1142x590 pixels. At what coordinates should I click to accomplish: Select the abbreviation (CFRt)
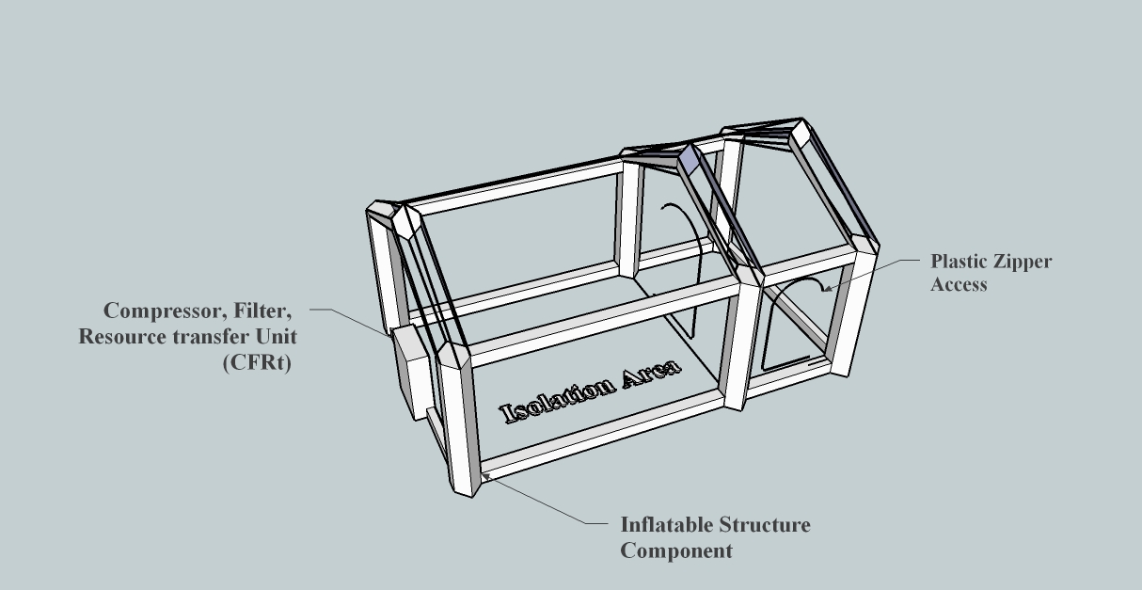tap(257, 362)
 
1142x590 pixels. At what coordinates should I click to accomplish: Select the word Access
tap(959, 284)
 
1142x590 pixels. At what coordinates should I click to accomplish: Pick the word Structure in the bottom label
tap(765, 525)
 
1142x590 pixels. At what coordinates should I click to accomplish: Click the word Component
tap(676, 551)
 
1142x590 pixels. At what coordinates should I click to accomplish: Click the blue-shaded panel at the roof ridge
tap(689, 159)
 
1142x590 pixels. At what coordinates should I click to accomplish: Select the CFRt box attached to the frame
tap(412, 373)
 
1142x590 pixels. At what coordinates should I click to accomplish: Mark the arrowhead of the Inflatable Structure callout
tap(486, 476)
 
